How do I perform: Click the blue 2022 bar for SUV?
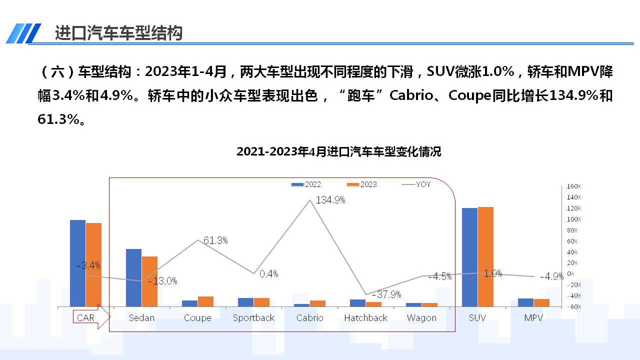click(x=469, y=257)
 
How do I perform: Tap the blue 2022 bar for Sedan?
click(x=133, y=277)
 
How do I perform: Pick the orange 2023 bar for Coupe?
click(x=205, y=301)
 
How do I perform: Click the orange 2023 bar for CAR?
click(x=93, y=264)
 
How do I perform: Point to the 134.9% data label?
click(x=330, y=200)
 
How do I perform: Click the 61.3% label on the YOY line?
click(x=215, y=240)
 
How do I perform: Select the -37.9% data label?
click(x=386, y=294)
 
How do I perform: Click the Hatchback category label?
click(x=365, y=318)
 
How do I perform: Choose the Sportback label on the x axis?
click(x=253, y=318)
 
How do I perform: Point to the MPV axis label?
click(x=533, y=318)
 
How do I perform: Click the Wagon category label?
click(x=421, y=318)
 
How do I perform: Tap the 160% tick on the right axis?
click(x=573, y=186)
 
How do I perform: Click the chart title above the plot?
click(x=338, y=151)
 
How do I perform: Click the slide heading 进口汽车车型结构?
click(x=119, y=33)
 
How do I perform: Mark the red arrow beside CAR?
click(x=103, y=317)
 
